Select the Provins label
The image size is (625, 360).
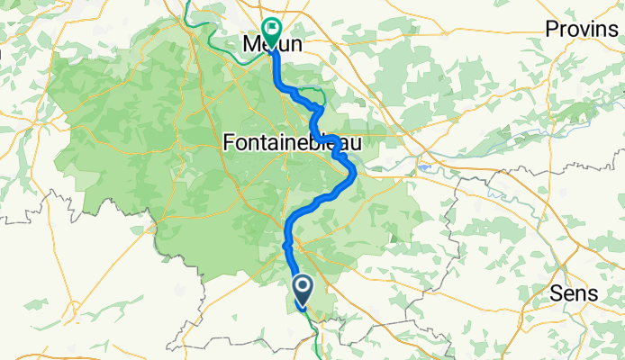pos(581,29)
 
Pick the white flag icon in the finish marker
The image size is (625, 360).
pos(270,28)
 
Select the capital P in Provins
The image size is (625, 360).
pos(551,29)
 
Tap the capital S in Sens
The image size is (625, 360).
pos(554,295)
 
